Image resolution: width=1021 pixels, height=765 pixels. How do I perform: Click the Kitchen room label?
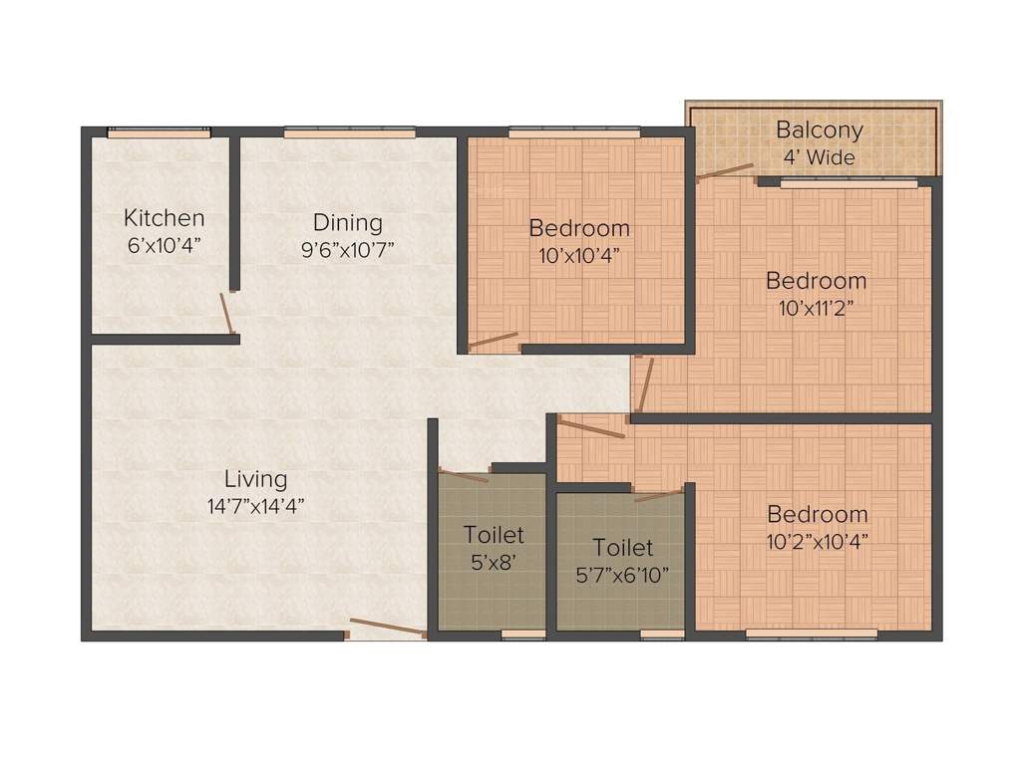[x=165, y=218]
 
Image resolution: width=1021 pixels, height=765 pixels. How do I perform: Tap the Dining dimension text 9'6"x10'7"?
[x=348, y=249]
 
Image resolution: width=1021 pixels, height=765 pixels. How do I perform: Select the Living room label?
[x=255, y=479]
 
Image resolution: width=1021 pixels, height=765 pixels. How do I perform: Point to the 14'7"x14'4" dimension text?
[x=255, y=506]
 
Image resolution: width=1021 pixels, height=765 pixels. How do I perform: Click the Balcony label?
[x=820, y=130]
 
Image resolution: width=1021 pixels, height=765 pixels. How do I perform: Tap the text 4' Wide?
[x=819, y=157]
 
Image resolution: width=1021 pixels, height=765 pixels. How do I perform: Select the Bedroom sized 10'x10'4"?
[x=579, y=239]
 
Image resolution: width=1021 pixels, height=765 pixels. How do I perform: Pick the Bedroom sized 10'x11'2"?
[x=816, y=293]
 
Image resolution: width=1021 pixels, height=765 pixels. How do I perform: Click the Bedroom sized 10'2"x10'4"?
[x=817, y=527]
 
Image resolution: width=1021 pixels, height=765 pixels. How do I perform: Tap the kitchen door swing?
[x=227, y=313]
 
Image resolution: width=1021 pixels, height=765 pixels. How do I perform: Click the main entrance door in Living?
[x=387, y=627]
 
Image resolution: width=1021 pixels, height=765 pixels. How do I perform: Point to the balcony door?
[x=725, y=172]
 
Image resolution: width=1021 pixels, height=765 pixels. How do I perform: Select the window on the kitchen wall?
[x=160, y=132]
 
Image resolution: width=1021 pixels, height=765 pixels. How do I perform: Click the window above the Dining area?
[x=349, y=132]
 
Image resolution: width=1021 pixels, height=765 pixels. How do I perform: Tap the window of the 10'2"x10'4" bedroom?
[x=812, y=634]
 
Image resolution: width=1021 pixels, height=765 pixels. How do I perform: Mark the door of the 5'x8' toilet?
[x=464, y=476]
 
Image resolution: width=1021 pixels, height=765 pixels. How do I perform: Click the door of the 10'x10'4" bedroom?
[x=494, y=340]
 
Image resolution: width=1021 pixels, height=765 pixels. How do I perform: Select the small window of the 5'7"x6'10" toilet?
[x=662, y=634]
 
